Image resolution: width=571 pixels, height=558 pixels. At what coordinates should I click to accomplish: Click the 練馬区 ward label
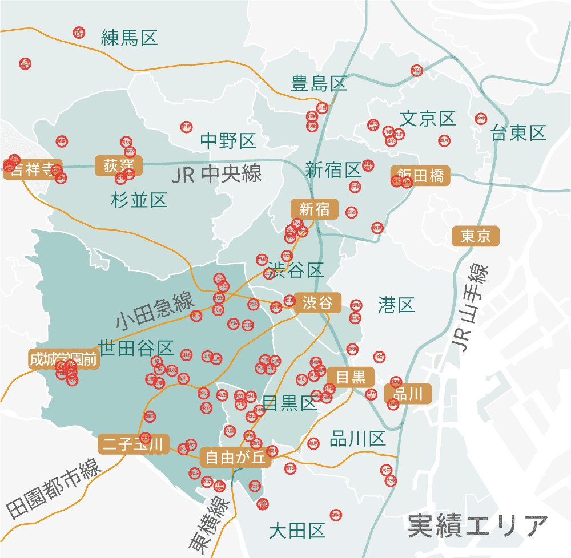129,38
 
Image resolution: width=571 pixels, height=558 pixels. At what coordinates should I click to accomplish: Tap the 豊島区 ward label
319,84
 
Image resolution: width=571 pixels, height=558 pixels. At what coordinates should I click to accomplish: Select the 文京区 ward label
428,119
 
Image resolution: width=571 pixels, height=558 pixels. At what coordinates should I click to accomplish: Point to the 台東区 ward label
518,133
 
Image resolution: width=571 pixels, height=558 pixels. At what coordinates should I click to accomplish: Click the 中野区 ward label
228,141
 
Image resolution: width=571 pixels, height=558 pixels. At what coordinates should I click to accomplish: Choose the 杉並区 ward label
139,200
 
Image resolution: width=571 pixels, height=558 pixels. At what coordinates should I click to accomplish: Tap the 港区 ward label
396,305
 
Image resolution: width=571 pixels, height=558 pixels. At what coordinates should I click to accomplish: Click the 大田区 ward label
297,531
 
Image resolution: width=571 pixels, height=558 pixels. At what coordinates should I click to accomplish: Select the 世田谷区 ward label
136,347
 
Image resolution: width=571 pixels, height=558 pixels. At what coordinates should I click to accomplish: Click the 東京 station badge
476,236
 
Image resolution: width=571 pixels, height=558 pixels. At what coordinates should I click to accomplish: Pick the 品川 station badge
408,393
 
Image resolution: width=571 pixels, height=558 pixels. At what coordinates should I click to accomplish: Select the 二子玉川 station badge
133,444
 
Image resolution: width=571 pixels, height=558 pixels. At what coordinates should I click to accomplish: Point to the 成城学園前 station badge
64,359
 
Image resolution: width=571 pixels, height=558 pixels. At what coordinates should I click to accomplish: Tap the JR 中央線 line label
216,174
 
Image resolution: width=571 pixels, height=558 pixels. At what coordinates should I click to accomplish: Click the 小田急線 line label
155,312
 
